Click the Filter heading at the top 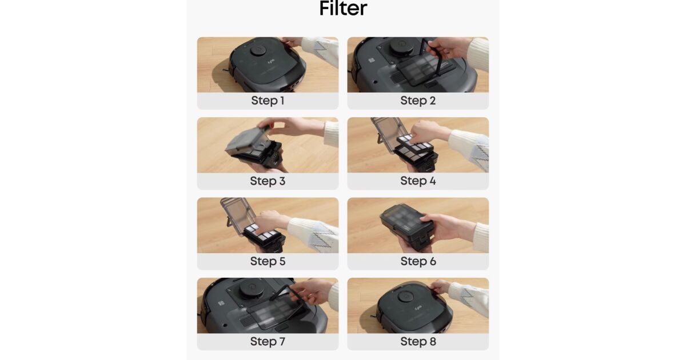343,8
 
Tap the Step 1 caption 268,101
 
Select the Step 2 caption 418,101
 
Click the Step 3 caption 268,181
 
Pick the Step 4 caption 418,181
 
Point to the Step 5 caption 268,261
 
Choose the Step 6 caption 418,261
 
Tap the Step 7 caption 268,341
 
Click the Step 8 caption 418,341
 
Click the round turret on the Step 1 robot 258,51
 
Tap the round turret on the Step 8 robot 406,297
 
